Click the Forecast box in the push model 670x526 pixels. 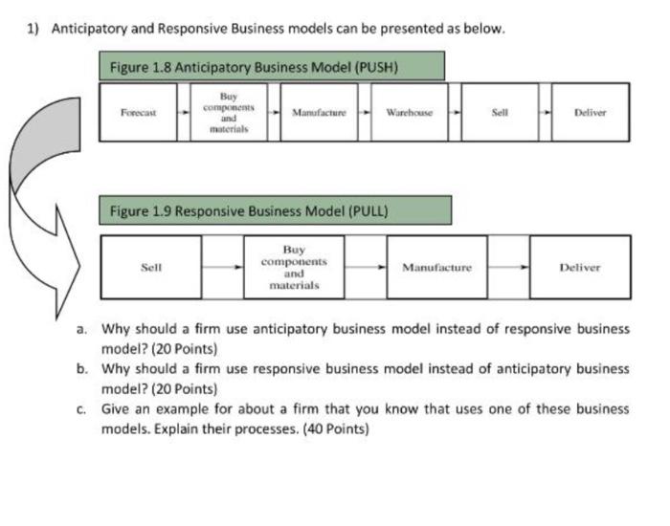139,112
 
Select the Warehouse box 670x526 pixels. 409,112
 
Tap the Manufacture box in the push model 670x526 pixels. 319,112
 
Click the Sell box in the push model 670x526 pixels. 499,112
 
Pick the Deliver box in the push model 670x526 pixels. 591,112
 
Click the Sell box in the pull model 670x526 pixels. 151,268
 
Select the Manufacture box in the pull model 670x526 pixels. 436,268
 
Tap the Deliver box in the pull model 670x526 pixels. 580,268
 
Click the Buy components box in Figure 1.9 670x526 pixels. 294,268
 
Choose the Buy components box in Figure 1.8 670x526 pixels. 228,112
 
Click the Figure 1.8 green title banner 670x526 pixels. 272,67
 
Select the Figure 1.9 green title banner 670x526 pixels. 276,210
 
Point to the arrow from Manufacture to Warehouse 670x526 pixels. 365,112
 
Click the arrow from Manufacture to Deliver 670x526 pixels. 509,268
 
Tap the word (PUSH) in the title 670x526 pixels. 374,67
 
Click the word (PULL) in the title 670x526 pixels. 367,210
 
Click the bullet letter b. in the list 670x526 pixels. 84,368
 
